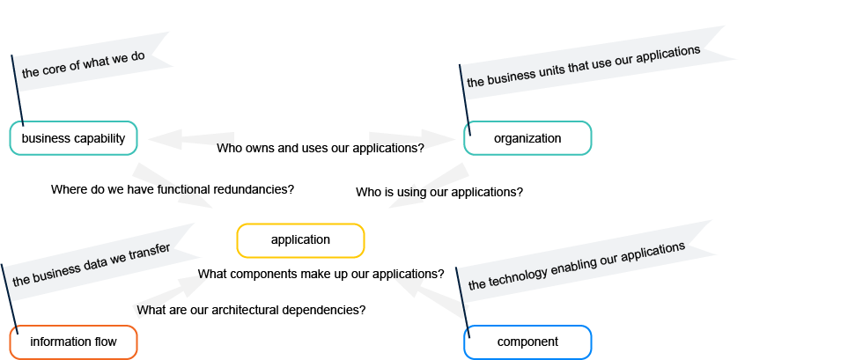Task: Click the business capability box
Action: point(73,138)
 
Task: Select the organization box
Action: point(527,138)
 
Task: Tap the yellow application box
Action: point(300,239)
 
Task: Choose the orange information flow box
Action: point(73,342)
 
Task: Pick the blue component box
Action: point(527,342)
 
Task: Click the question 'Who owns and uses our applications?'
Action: point(321,148)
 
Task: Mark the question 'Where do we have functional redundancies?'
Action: point(173,189)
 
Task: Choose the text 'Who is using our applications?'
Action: point(439,192)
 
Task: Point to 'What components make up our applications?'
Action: point(321,274)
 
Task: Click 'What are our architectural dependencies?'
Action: point(251,310)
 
